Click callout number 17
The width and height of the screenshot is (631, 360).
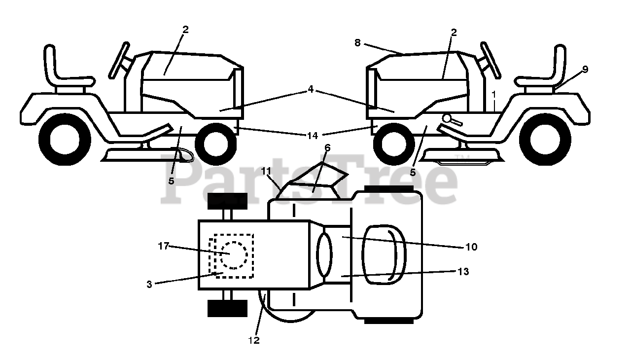tap(164, 246)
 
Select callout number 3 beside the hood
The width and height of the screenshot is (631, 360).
tap(149, 284)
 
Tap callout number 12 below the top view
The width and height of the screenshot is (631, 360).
tap(254, 340)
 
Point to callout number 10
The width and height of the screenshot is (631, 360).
tap(471, 247)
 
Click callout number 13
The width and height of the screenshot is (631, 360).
tap(463, 271)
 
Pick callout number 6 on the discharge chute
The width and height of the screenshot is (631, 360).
tap(327, 147)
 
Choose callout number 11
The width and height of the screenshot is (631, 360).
tap(266, 171)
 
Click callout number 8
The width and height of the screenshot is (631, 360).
tap(358, 43)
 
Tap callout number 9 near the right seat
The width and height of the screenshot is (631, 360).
tap(585, 70)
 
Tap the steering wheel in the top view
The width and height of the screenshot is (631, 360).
tap(324, 254)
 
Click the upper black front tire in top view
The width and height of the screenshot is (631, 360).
tap(227, 201)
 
